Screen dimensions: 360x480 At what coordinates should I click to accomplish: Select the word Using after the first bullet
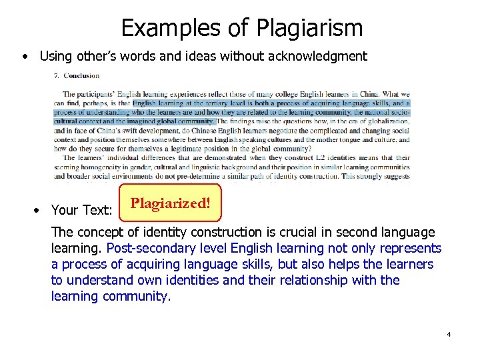pyautogui.click(x=57, y=57)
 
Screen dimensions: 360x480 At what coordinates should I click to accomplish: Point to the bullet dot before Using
pyautogui.click(x=25, y=57)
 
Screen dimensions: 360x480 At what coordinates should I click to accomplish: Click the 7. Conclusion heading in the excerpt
pyautogui.click(x=77, y=76)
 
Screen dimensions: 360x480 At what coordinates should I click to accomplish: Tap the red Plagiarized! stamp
pyautogui.click(x=170, y=203)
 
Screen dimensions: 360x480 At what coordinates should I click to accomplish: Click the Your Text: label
pyautogui.click(x=81, y=210)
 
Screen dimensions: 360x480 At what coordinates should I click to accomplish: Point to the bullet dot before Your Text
pyautogui.click(x=39, y=210)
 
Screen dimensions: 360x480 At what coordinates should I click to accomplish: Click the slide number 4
pyautogui.click(x=449, y=333)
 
